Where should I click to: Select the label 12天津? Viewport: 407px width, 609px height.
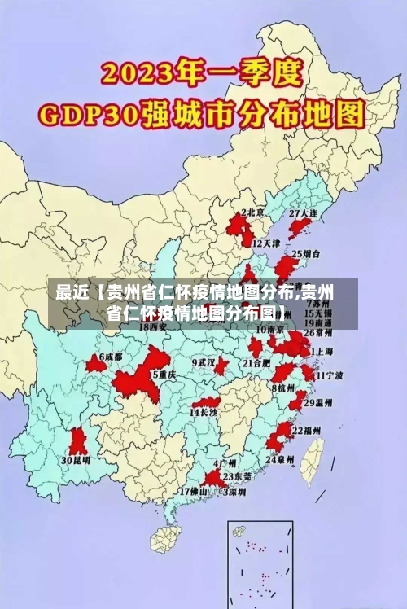266,243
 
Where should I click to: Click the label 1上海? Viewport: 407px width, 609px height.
323,350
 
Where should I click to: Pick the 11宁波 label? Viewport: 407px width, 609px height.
330,375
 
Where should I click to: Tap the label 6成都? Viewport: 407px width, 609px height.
110,357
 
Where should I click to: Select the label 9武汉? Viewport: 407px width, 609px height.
203,361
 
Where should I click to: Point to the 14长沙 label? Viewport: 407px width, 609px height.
203,413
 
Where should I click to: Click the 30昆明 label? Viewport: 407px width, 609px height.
76,459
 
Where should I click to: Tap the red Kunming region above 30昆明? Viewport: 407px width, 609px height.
78,440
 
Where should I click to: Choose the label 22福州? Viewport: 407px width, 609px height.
306,429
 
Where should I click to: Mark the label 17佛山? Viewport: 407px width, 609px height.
194,491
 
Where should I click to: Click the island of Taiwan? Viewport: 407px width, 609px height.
312,461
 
